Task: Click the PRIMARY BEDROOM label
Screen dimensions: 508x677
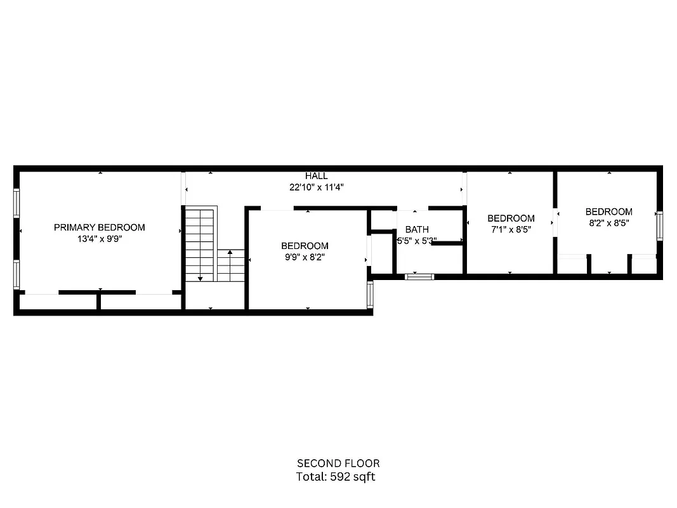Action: click(99, 227)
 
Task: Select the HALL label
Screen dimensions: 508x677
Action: click(316, 176)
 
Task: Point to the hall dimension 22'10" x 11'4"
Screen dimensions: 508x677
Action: click(316, 187)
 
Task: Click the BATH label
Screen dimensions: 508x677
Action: click(417, 230)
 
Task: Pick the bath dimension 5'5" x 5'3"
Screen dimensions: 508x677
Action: click(417, 241)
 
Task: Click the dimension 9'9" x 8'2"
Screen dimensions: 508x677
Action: click(305, 257)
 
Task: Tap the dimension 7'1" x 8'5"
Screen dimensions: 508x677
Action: click(511, 230)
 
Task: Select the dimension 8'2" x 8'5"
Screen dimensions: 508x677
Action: click(608, 223)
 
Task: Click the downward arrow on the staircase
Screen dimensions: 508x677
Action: click(200, 277)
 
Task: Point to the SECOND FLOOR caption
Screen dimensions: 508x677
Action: click(338, 464)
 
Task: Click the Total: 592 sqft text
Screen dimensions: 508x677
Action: click(336, 476)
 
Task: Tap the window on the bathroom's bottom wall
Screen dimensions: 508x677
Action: click(419, 276)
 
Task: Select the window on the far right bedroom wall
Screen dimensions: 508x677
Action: click(659, 227)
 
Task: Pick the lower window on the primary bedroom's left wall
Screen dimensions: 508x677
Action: click(16, 274)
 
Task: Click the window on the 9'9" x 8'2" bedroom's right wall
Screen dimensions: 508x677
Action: click(370, 296)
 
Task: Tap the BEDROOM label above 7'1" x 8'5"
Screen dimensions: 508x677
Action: click(511, 218)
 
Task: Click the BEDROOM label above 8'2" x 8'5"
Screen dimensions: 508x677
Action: click(608, 212)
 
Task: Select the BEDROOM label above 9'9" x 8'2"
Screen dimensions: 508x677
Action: click(305, 246)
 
